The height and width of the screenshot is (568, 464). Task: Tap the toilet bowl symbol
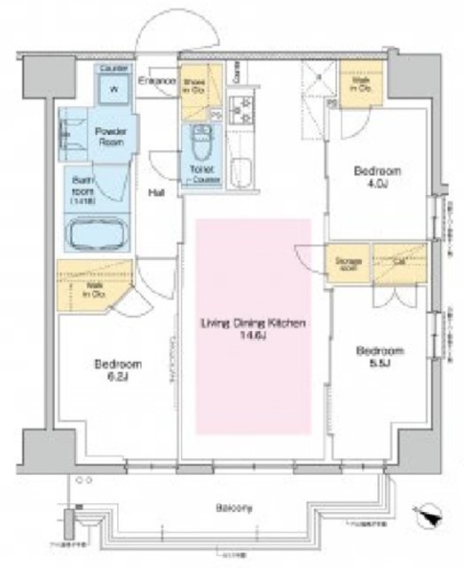[199, 142]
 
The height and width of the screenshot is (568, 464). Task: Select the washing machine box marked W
[113, 89]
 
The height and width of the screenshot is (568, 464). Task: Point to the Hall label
[155, 193]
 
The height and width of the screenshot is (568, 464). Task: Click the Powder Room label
[110, 137]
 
